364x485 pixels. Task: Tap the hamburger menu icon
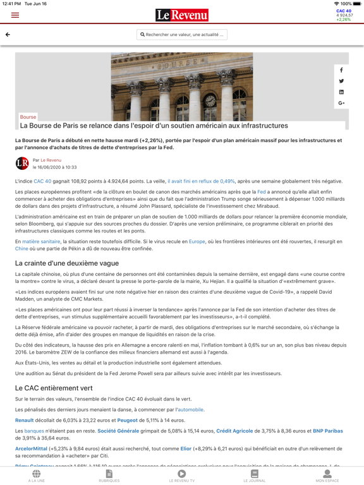click(x=15, y=15)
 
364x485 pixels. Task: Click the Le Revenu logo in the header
click(x=182, y=15)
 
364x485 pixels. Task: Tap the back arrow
click(x=8, y=35)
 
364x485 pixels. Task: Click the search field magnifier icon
click(x=142, y=35)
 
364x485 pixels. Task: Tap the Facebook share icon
click(x=341, y=70)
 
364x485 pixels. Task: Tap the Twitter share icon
click(x=341, y=81)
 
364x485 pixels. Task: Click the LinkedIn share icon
click(x=341, y=92)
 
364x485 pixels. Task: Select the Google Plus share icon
click(x=341, y=103)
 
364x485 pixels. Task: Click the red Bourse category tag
click(x=28, y=117)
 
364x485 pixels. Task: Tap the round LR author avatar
click(x=22, y=164)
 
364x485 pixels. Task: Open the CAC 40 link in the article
click(x=42, y=181)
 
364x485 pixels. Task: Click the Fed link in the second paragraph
click(x=261, y=192)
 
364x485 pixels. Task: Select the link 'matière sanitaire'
click(x=41, y=241)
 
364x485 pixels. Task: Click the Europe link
click(x=197, y=241)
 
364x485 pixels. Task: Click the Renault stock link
click(x=24, y=420)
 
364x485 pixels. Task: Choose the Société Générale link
click(x=118, y=431)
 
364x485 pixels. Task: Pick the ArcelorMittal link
click(x=31, y=449)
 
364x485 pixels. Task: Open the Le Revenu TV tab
click(x=182, y=476)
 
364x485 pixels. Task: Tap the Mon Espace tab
click(x=327, y=476)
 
